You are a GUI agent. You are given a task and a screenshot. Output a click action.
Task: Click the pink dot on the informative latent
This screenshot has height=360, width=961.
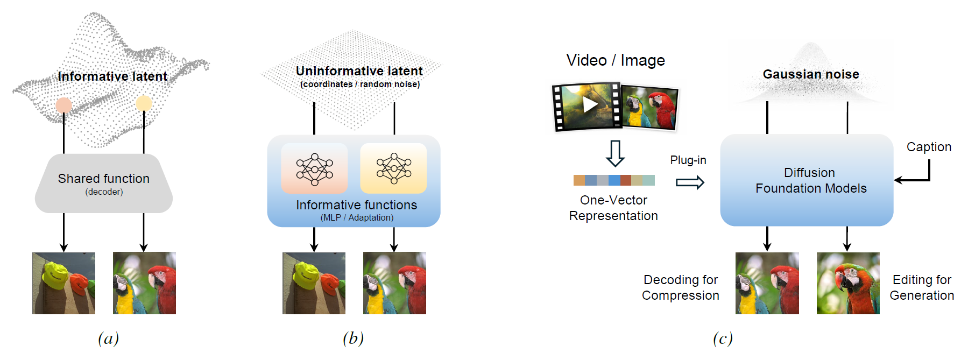(x=64, y=105)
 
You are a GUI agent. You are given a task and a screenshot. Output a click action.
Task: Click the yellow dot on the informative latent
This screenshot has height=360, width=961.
(x=144, y=103)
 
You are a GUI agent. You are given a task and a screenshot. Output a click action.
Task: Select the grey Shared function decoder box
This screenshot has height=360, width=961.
(x=104, y=183)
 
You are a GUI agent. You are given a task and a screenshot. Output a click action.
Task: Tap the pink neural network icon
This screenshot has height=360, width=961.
(x=314, y=168)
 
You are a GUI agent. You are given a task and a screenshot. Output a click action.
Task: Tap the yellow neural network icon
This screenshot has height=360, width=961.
(x=393, y=168)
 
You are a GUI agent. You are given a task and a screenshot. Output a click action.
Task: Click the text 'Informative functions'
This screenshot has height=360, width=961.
(x=356, y=205)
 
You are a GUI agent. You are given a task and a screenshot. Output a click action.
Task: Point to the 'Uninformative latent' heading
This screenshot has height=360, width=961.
(x=359, y=71)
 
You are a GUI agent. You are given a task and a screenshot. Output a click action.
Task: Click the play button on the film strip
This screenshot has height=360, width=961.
(x=590, y=104)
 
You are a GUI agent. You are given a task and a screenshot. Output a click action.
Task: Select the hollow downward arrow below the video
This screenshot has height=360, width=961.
(x=615, y=153)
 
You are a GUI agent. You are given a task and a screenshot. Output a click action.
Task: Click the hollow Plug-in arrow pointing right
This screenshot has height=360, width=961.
(x=690, y=182)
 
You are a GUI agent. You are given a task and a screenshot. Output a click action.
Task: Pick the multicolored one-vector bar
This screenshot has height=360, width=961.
(x=614, y=180)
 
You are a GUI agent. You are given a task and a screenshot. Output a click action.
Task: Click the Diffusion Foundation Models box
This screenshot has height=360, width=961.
(x=807, y=180)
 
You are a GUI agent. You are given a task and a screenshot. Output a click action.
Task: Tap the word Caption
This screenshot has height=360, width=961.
(x=929, y=147)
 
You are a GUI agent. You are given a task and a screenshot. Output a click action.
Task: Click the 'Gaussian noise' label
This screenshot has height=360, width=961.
(x=811, y=74)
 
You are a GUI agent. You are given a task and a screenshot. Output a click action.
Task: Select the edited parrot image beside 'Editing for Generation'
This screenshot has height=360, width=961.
(x=848, y=283)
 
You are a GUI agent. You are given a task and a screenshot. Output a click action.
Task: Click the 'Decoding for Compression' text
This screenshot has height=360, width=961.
(x=680, y=287)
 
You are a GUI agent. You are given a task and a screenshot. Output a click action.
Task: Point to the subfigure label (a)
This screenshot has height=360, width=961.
(x=108, y=338)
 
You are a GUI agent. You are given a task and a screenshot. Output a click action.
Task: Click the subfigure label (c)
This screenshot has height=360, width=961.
(x=723, y=338)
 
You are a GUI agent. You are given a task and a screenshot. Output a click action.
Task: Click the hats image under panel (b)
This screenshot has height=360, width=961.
(x=314, y=283)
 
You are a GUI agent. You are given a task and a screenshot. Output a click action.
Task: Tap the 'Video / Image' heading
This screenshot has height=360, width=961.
(x=616, y=60)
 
